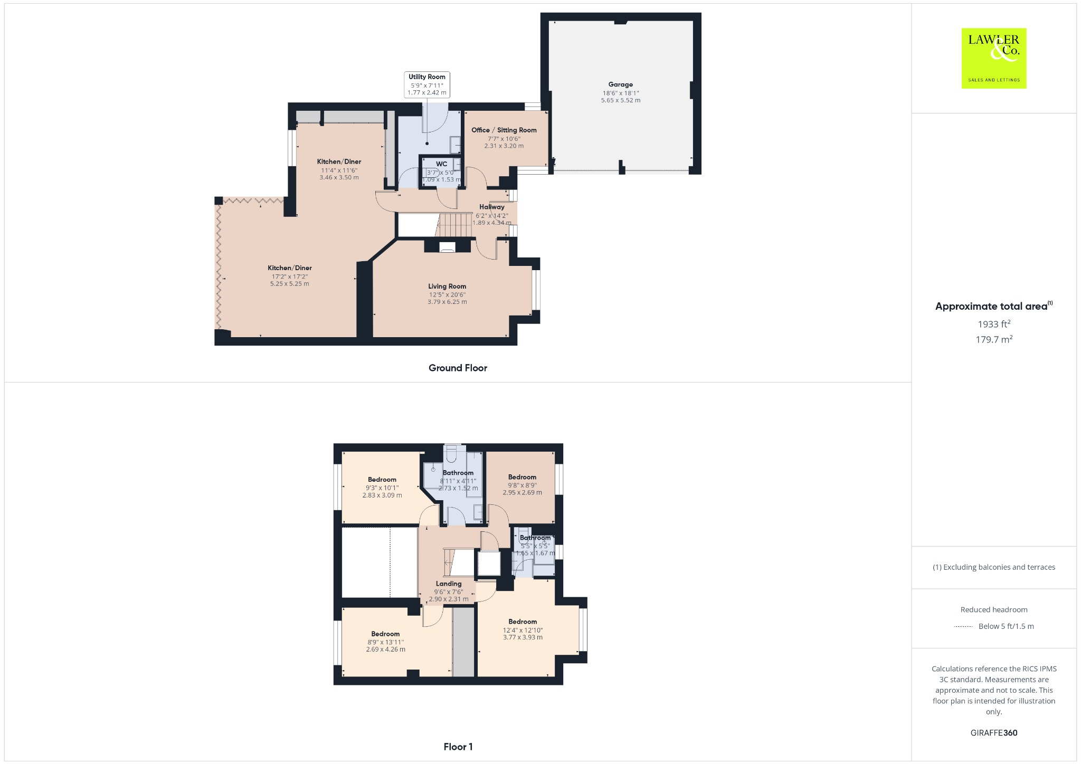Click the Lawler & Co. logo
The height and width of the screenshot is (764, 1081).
tap(993, 58)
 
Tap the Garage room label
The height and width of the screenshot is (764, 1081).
tap(620, 84)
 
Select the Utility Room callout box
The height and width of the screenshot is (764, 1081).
tap(426, 84)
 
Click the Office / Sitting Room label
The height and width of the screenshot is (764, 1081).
tap(504, 130)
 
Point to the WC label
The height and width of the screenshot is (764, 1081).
tap(441, 164)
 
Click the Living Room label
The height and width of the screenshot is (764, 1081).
tap(447, 286)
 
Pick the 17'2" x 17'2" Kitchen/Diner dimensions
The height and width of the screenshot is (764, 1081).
tap(289, 276)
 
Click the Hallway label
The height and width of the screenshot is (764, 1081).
tap(491, 207)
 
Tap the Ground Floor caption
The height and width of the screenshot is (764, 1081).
tap(458, 368)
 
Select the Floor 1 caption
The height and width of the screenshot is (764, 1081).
tap(458, 747)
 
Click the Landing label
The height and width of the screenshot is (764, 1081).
tap(448, 584)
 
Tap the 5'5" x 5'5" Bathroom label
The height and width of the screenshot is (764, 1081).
tap(535, 538)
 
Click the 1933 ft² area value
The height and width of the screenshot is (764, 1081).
tap(993, 324)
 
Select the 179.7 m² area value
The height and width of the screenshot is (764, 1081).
tap(993, 340)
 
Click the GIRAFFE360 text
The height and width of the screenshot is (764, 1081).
tap(993, 732)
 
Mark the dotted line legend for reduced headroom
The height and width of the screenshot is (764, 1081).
tap(963, 626)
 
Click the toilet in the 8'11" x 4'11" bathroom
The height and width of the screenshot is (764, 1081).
tap(451, 453)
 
